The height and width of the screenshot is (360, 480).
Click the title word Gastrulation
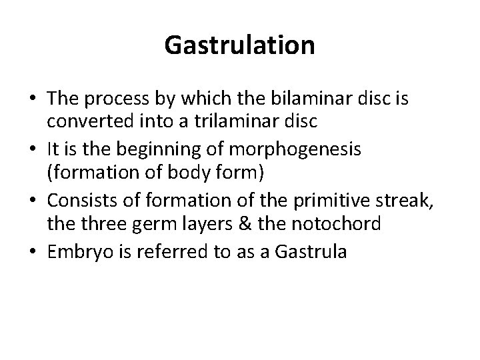(x=239, y=46)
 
